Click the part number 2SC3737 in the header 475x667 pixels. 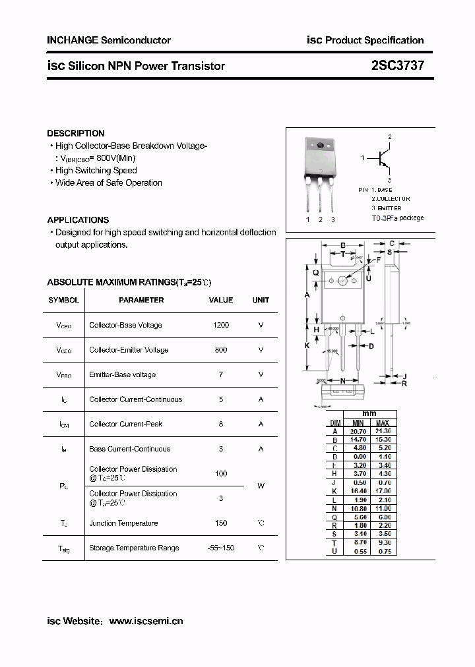tap(397, 66)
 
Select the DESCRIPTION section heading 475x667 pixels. tap(75, 133)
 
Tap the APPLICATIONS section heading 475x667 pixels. tap(78, 219)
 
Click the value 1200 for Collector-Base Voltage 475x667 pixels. tap(221, 325)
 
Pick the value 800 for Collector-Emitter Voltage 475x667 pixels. tap(221, 350)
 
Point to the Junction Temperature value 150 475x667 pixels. tap(221, 523)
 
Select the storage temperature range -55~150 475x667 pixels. tap(221, 548)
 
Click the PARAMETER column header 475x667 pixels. tap(141, 300)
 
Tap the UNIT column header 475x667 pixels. tap(261, 300)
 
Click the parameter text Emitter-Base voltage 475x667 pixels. tap(122, 374)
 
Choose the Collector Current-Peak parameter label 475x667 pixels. tap(125, 424)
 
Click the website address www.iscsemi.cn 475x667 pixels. tap(146, 621)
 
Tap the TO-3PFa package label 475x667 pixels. tap(397, 218)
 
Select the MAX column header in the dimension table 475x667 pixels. tap(383, 422)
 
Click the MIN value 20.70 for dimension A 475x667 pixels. tap(358, 430)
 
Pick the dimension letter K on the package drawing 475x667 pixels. tap(307, 345)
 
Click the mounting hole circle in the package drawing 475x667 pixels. tap(342, 281)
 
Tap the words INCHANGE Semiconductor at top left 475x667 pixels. tap(109, 40)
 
